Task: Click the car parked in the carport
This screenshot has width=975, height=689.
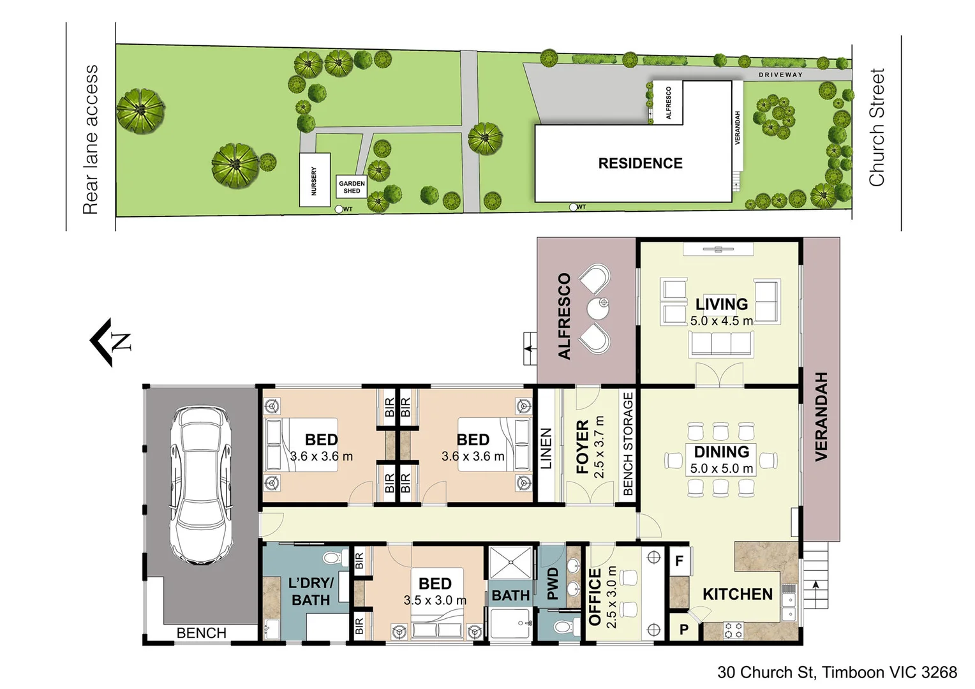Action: click(x=200, y=485)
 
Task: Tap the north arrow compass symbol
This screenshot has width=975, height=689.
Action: click(x=111, y=342)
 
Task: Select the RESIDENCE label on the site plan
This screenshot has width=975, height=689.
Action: click(x=640, y=163)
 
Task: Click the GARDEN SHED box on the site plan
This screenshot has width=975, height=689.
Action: click(x=352, y=187)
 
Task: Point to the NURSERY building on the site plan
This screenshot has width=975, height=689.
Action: click(x=314, y=181)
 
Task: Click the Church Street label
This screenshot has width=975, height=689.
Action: click(x=877, y=128)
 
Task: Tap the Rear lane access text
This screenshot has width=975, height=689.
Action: click(x=91, y=139)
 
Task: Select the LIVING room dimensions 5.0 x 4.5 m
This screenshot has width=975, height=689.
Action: click(x=721, y=321)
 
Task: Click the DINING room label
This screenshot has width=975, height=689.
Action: click(x=721, y=452)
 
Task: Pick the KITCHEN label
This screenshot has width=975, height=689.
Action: click(x=737, y=594)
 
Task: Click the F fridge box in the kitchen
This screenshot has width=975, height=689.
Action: click(x=679, y=561)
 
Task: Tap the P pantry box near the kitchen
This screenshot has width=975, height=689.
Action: click(x=683, y=629)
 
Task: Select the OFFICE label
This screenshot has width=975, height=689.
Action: click(x=595, y=596)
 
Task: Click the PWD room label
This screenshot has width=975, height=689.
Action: click(x=553, y=583)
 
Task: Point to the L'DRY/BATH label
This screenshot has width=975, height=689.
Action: click(x=311, y=591)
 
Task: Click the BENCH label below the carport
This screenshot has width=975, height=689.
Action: click(x=201, y=633)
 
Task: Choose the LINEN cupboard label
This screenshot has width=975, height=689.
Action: click(x=546, y=448)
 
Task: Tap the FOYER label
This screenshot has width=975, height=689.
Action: click(x=582, y=447)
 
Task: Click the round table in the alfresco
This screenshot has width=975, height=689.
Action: click(x=600, y=309)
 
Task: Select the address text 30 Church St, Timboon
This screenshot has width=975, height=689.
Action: click(x=837, y=672)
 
